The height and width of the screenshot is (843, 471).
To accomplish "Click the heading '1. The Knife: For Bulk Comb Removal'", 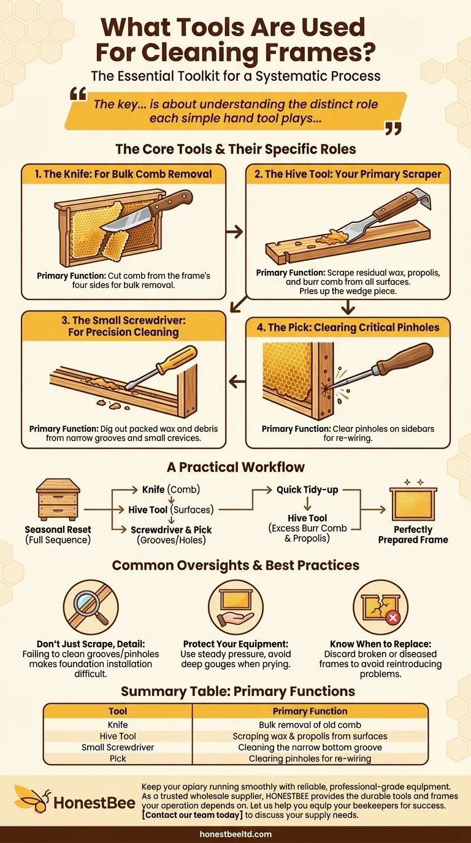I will (x=123, y=174).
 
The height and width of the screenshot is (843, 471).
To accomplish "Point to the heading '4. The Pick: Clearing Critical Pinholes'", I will (x=347, y=327).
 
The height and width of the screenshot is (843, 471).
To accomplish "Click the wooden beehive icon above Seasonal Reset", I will (x=58, y=499).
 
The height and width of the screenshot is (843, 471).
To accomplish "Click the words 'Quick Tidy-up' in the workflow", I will (x=307, y=490).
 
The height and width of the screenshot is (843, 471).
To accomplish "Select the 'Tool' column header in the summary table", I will (x=118, y=711).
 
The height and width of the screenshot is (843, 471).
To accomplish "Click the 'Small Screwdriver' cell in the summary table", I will (x=118, y=747).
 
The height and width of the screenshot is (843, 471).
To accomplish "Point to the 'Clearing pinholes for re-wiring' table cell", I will (x=310, y=758).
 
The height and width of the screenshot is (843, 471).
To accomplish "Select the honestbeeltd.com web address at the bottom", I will (x=235, y=834).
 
